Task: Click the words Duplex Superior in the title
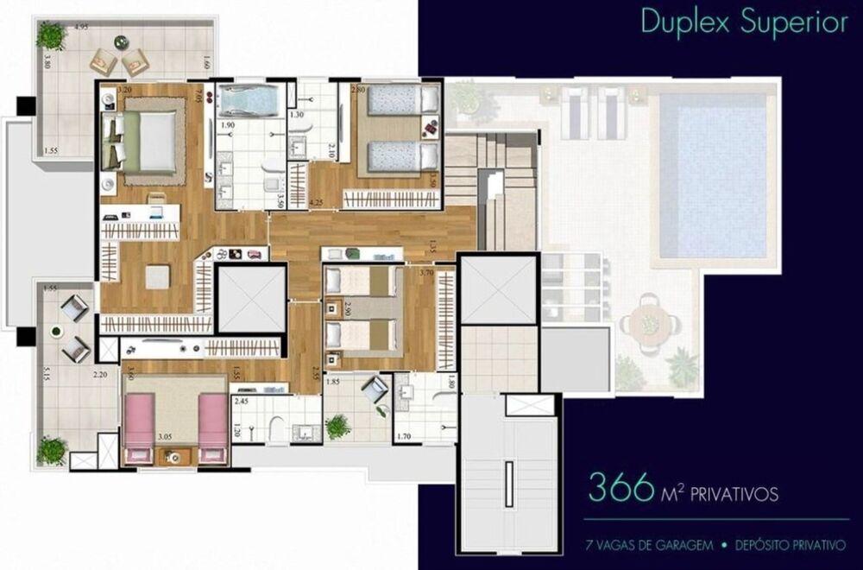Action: click(x=743, y=23)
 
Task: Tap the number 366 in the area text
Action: click(x=620, y=489)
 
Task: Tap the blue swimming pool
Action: click(x=713, y=176)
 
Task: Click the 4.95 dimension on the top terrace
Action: click(x=82, y=28)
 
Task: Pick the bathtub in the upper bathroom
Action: click(x=247, y=102)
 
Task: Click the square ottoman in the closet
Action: click(x=157, y=277)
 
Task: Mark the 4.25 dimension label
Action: click(x=316, y=203)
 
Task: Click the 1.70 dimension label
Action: click(x=403, y=437)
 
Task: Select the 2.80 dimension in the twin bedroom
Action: click(x=358, y=90)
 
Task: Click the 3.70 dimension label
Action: click(x=425, y=273)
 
